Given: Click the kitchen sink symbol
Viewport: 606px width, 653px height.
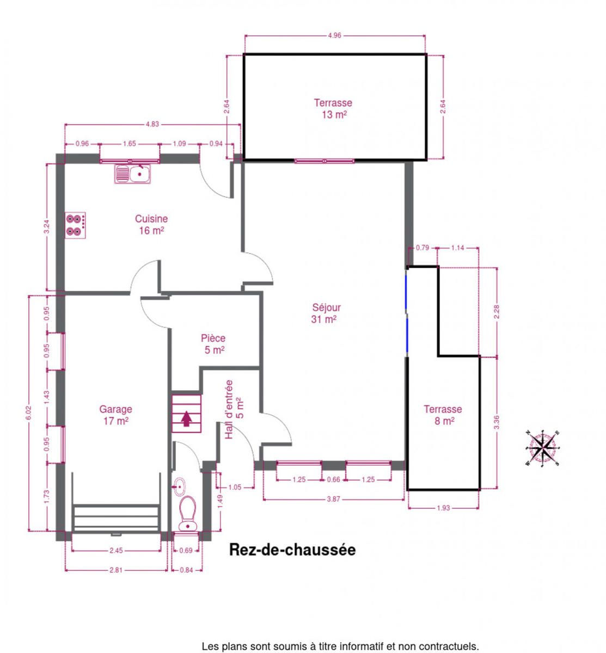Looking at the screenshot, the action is pos(132,174).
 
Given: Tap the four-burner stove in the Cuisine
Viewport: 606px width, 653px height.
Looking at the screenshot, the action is pos(75,225).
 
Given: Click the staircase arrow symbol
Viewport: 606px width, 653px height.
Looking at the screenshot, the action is pos(186,418).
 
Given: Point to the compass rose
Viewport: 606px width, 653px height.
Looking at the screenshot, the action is pos(542,448).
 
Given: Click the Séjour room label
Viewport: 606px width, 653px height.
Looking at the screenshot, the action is pos(326,313).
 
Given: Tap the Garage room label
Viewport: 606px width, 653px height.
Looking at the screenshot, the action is pos(116,415).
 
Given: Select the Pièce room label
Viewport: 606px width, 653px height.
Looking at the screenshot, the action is pos(213,344).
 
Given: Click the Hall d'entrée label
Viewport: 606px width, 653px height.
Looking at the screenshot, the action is pos(234,409).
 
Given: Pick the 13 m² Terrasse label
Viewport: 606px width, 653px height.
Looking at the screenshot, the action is pos(333,108).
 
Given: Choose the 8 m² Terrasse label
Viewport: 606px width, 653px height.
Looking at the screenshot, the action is pos(443,415).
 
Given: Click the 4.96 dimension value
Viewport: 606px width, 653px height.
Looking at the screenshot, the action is pos(335,35).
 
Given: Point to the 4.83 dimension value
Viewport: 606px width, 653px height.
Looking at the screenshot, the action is pos(152,124).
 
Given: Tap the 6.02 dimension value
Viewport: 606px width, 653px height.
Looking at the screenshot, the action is pos(29,412).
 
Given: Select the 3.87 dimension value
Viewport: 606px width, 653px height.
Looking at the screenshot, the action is pos(333,499).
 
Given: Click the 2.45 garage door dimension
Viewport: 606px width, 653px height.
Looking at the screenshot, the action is pos(116,550).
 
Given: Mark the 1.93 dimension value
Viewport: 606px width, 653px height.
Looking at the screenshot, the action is pos(443,508).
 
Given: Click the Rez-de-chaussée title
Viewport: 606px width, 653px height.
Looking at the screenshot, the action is pos(292,550).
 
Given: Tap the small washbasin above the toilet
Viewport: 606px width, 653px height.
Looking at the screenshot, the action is pos(180,486).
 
